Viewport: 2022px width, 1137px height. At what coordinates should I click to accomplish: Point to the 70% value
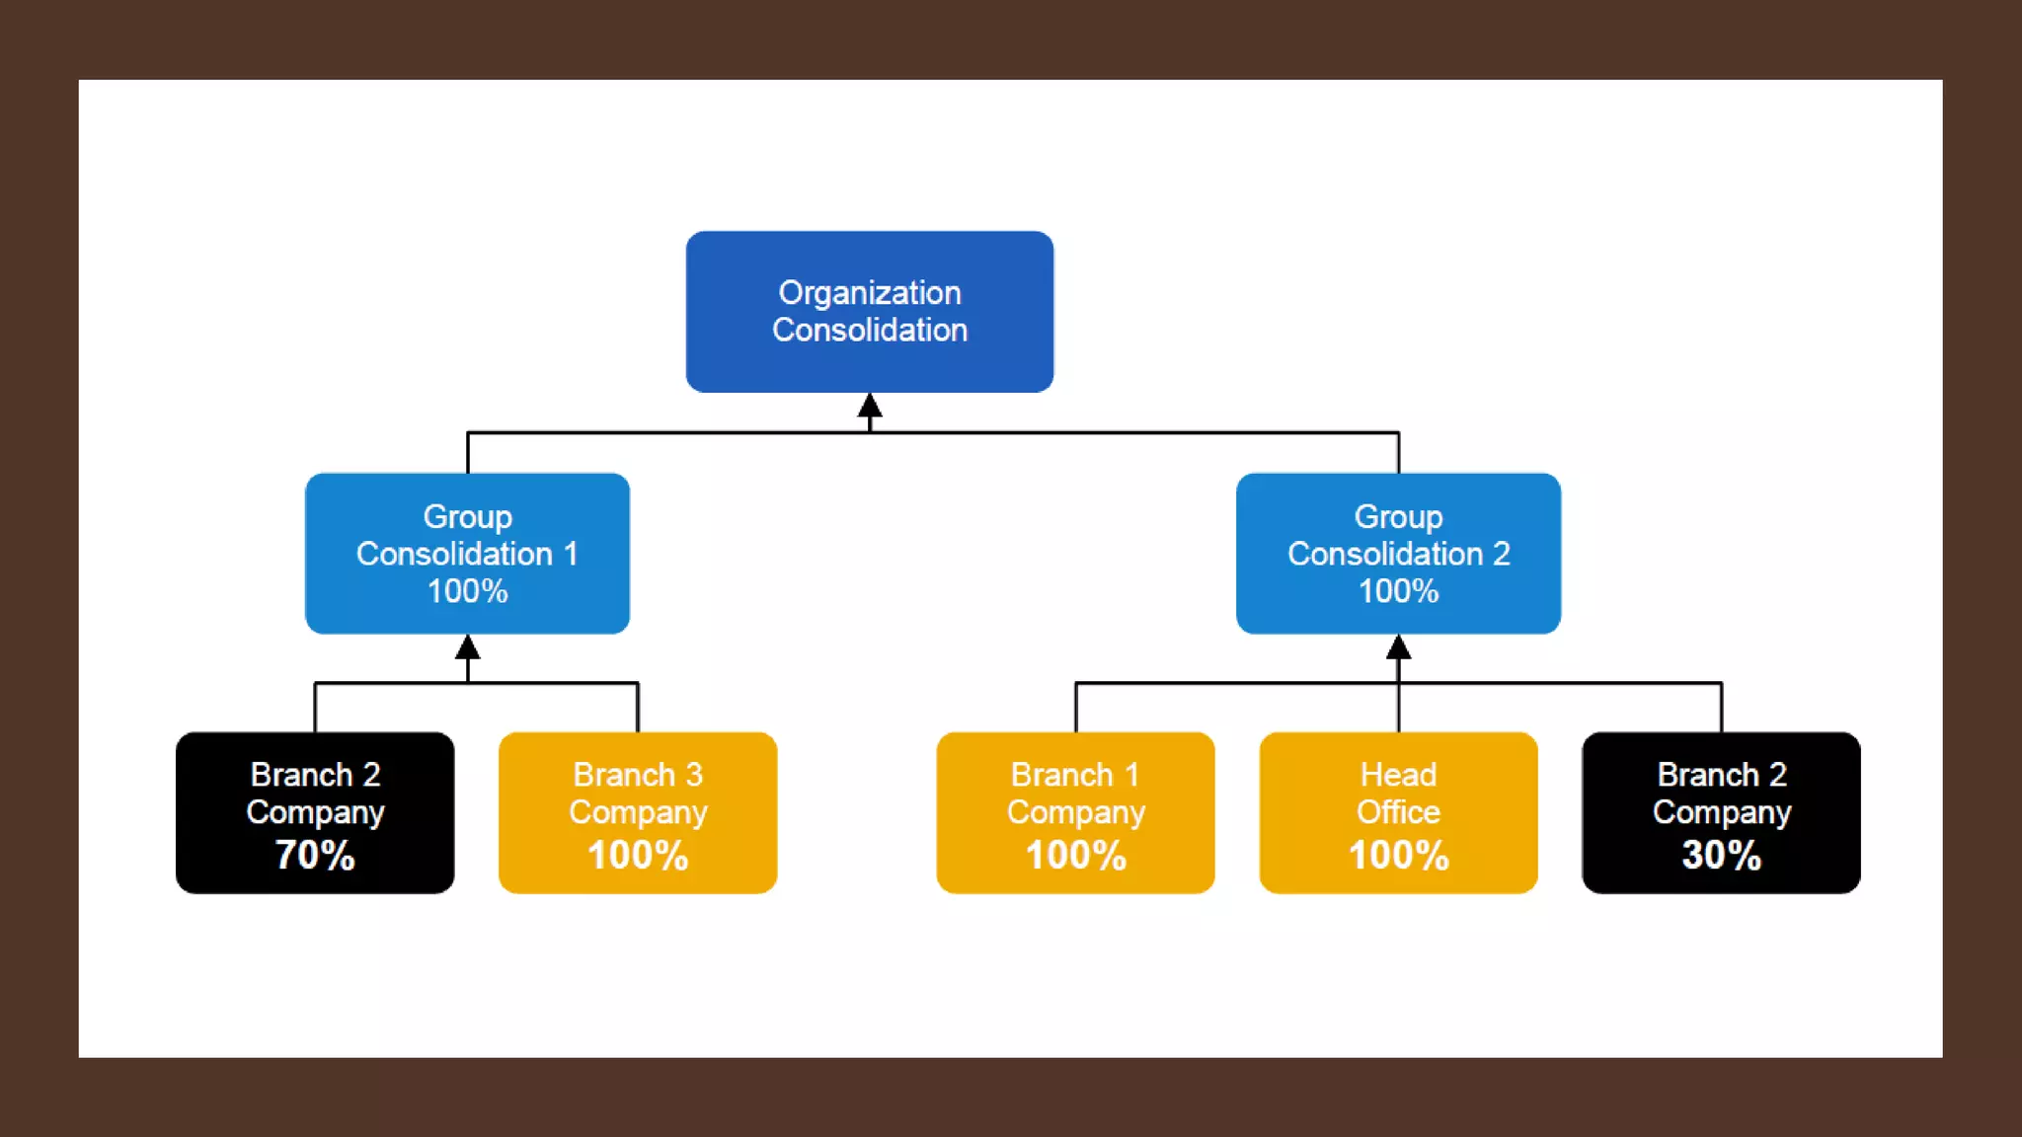pos(315,855)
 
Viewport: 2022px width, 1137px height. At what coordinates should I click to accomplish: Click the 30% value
pos(1721,855)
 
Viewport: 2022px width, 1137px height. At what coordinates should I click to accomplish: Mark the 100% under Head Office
pos(1398,855)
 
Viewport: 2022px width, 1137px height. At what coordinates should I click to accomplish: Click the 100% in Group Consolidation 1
pos(467,591)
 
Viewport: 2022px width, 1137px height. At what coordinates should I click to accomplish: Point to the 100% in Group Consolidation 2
pos(1398,591)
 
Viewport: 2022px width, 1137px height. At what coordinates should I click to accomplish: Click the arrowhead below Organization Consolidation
pos(870,406)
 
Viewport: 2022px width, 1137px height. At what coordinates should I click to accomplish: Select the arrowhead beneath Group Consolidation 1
pos(468,647)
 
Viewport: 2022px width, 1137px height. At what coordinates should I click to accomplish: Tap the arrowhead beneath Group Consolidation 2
pos(1398,647)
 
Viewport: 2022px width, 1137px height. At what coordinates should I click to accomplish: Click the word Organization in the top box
pos(869,293)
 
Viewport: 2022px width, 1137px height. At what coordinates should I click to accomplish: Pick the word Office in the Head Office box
pos(1398,812)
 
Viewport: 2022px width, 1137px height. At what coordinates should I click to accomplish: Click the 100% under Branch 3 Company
pos(638,855)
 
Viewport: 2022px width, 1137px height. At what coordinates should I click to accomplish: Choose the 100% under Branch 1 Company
pos(1075,855)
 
